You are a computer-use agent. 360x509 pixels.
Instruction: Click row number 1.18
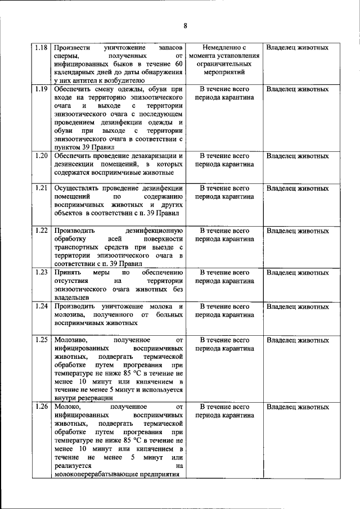(40, 48)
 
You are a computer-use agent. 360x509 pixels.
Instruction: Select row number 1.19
(40, 89)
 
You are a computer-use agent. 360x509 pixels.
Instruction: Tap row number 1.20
(40, 155)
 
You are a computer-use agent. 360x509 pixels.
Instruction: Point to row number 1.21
(40, 188)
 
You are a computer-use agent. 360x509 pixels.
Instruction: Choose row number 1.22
(40, 231)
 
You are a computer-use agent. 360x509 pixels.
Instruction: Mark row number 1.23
(40, 273)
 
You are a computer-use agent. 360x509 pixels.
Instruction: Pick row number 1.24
(40, 307)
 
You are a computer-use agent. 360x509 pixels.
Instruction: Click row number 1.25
(40, 340)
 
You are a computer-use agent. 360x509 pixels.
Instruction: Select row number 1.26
(40, 406)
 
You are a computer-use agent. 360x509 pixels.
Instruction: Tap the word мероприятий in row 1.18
(224, 73)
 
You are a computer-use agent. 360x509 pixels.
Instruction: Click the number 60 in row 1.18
(178, 65)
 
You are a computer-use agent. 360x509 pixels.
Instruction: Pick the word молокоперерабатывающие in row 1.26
(101, 474)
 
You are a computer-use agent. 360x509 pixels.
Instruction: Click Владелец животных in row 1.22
(298, 231)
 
